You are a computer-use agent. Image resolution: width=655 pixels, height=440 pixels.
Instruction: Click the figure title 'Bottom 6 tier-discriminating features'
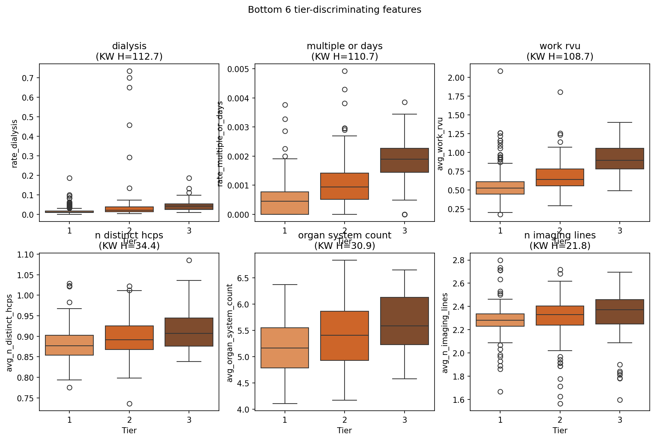coord(334,10)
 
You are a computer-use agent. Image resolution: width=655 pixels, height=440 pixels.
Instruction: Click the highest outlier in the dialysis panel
coord(129,71)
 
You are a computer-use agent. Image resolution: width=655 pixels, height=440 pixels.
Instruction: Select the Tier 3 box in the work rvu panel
coord(620,159)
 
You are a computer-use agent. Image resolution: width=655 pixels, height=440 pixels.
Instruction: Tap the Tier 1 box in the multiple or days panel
coord(285,203)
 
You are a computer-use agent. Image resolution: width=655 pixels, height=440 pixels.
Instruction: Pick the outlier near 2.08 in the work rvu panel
coord(500,71)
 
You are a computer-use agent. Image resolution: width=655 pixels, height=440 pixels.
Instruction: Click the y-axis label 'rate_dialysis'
coord(15,143)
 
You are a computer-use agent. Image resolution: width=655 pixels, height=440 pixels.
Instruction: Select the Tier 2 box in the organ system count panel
coord(345,336)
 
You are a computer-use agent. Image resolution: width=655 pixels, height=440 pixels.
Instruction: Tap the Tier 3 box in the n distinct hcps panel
coord(189,332)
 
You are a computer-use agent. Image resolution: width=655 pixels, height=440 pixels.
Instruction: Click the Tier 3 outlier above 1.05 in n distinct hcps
coord(189,260)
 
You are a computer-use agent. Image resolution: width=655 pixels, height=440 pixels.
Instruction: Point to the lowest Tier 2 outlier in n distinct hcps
coord(129,404)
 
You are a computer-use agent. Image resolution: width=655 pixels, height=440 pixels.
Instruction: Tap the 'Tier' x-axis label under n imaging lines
coord(560,430)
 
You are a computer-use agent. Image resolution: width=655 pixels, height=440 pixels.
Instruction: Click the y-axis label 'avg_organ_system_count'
coord(230,333)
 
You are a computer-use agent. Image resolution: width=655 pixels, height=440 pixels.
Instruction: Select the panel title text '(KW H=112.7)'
coord(129,57)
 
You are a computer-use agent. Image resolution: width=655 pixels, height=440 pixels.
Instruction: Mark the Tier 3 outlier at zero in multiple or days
coord(405,214)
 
